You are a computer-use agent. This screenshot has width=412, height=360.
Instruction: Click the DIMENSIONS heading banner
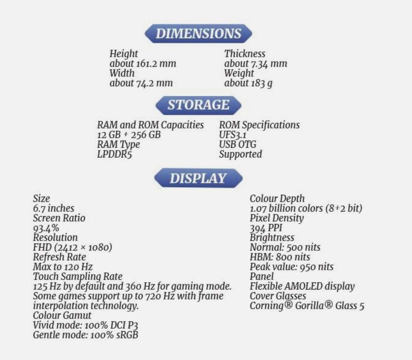click(x=198, y=34)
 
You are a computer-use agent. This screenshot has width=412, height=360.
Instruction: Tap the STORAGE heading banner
click(x=198, y=105)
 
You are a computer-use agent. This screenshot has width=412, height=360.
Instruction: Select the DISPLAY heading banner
click(x=198, y=178)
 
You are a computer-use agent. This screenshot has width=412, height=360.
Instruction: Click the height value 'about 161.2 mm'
click(x=143, y=64)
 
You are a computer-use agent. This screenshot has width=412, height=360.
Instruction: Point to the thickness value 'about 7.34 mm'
click(x=256, y=64)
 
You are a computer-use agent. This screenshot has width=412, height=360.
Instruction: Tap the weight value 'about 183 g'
click(x=249, y=83)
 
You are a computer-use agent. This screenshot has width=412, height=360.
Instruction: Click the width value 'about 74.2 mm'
click(x=141, y=83)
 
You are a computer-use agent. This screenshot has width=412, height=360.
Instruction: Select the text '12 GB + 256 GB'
click(x=129, y=135)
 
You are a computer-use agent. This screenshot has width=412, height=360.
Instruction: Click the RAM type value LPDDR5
click(x=114, y=154)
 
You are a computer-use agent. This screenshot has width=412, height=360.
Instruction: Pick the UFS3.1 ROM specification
click(x=233, y=135)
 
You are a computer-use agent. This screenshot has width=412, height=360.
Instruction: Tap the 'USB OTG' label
click(x=238, y=144)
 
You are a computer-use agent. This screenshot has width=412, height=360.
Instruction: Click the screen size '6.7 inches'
click(x=54, y=208)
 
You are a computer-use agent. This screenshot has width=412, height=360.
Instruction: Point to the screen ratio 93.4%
click(x=46, y=228)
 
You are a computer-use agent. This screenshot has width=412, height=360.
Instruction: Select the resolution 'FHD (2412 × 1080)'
click(x=72, y=247)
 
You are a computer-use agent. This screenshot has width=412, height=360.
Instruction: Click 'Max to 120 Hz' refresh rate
click(x=63, y=267)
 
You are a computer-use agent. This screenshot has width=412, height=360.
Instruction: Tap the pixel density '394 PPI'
click(x=266, y=228)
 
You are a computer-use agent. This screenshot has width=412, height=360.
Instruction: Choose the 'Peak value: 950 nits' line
click(x=291, y=267)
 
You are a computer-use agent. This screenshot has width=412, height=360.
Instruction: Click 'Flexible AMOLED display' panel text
click(x=302, y=286)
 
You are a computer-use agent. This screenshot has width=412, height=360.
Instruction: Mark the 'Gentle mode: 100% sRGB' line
click(x=85, y=335)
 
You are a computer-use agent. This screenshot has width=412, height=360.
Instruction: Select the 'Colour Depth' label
click(x=277, y=199)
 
